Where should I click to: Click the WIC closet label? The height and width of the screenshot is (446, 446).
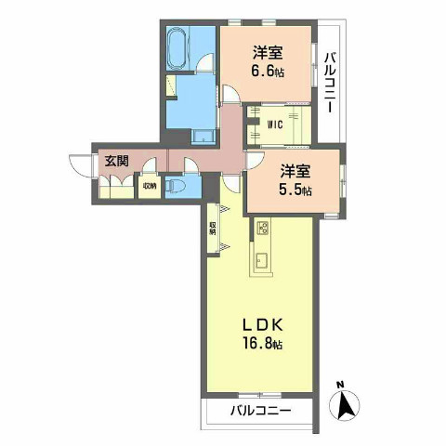pyautogui.click(x=275, y=122)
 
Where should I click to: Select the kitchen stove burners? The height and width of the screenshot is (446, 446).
pyautogui.click(x=261, y=228)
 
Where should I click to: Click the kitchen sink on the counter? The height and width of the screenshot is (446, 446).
pyautogui.click(x=261, y=260)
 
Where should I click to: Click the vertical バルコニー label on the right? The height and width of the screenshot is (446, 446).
pyautogui.click(x=331, y=82)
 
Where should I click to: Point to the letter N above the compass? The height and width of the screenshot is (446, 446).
pyautogui.click(x=342, y=384)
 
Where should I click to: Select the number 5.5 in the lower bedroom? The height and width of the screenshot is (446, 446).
pyautogui.click(x=292, y=189)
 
